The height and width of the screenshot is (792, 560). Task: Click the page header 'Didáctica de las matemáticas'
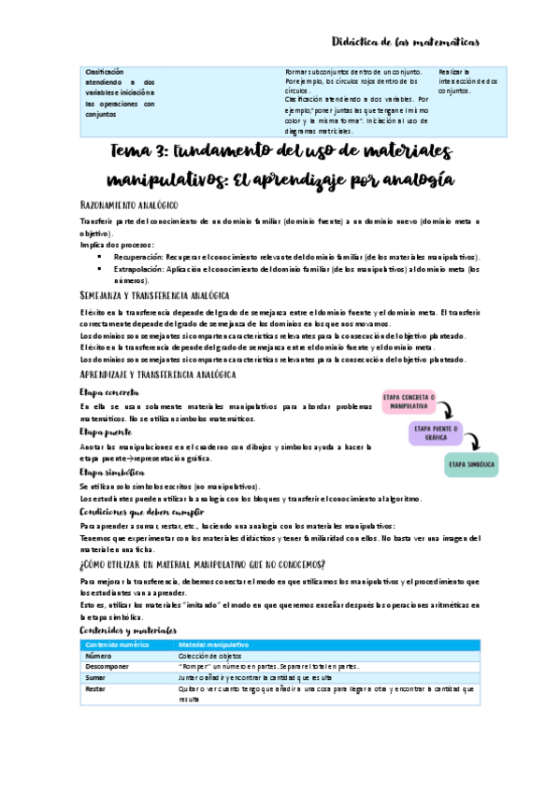(406, 41)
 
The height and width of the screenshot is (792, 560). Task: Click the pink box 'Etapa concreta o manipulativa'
(408, 403)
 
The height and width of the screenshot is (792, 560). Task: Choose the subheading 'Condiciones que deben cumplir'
(143, 513)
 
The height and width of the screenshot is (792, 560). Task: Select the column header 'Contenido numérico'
(117, 644)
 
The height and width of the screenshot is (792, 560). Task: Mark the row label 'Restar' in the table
(96, 688)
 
